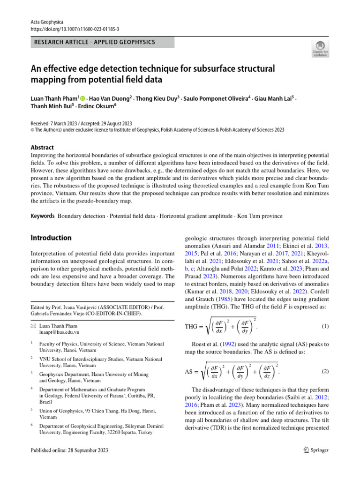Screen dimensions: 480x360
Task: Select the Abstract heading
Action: (43, 147)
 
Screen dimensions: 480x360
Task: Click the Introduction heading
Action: (51, 238)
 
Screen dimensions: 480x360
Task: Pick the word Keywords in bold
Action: (43, 216)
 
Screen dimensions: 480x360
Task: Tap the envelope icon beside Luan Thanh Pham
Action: (33, 326)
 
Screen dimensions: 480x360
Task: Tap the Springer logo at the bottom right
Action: (315, 450)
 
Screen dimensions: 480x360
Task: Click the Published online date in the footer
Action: (69, 450)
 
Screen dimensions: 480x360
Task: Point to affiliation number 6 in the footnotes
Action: (31, 425)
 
